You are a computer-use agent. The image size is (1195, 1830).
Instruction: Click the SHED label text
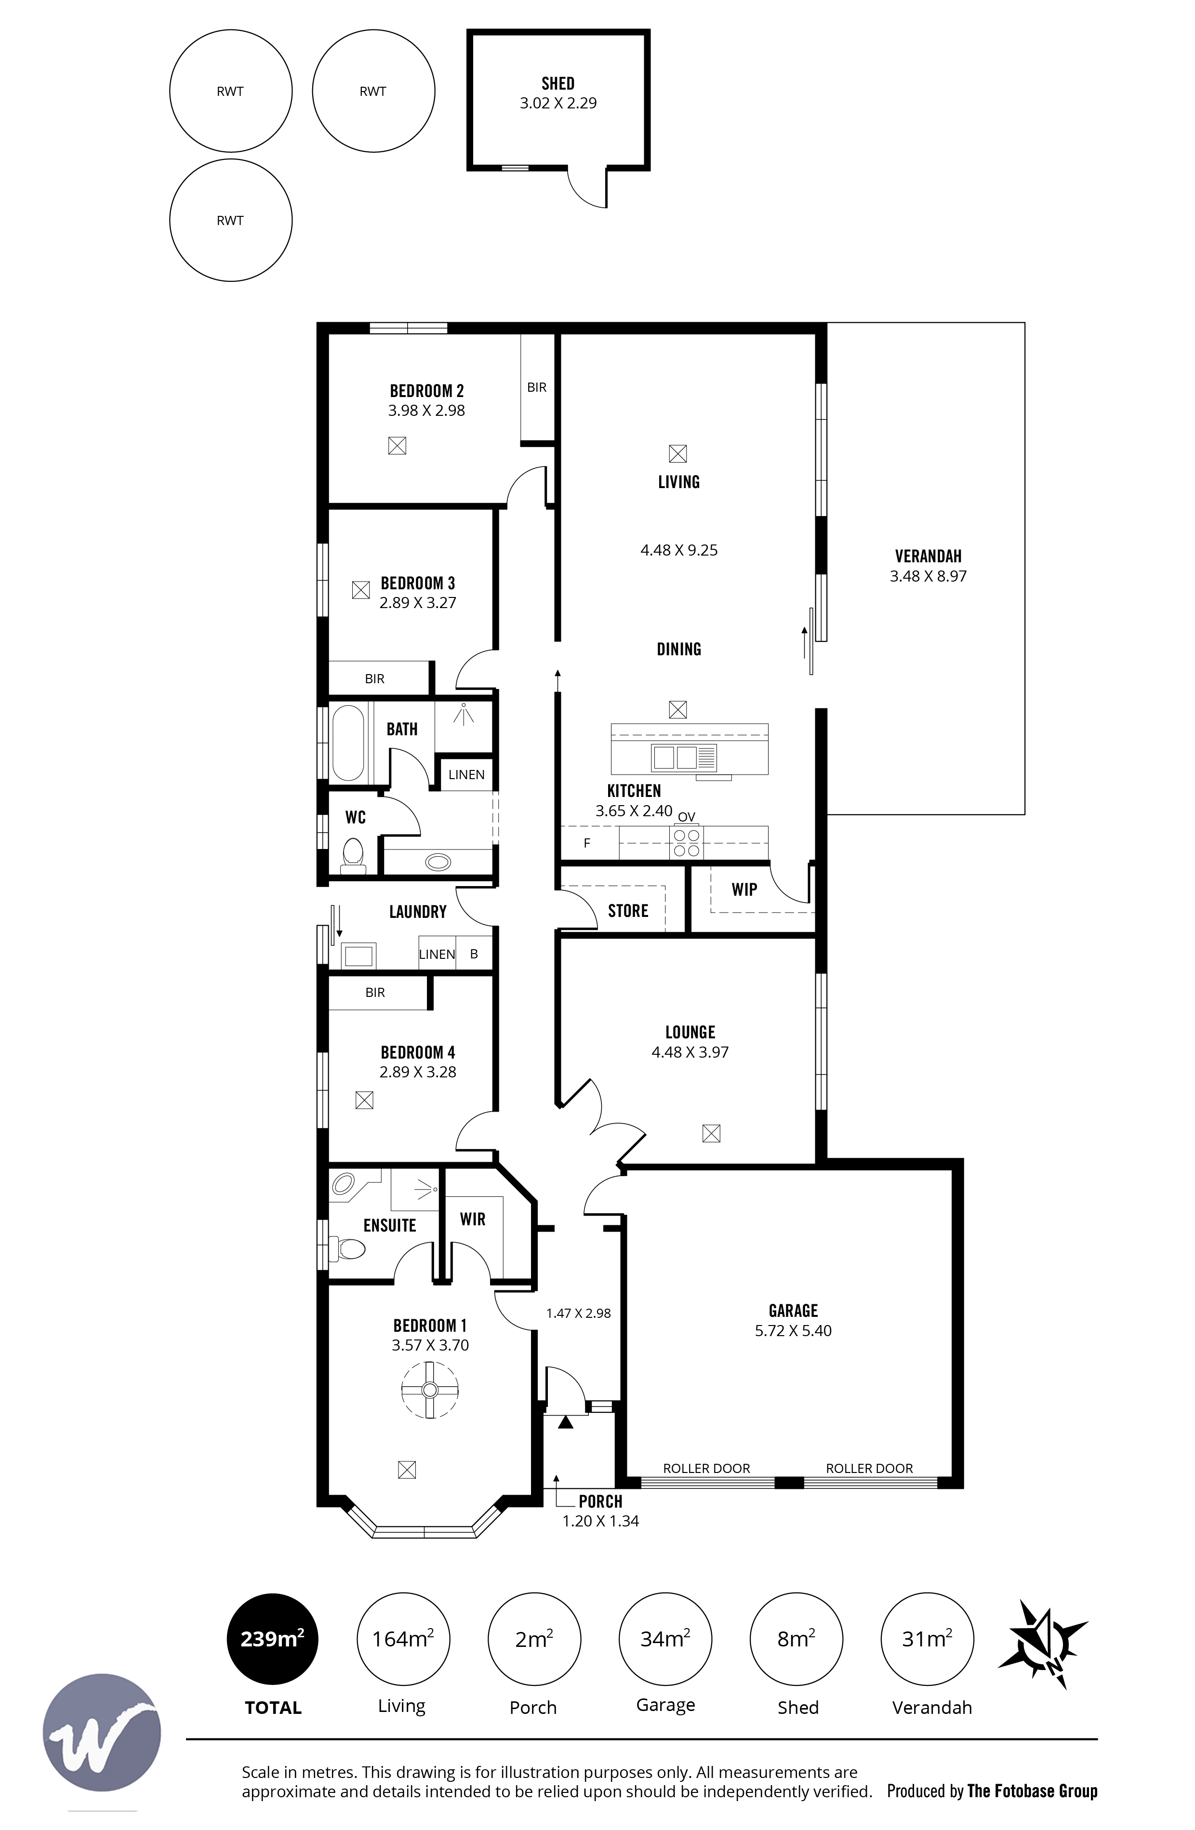click(558, 83)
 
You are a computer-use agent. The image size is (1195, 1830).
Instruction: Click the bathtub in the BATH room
click(348, 743)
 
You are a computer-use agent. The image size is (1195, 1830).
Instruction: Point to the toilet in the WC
click(353, 855)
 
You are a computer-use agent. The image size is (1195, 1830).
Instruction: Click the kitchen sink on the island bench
click(675, 757)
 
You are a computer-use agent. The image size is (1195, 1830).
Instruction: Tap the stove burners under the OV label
click(687, 843)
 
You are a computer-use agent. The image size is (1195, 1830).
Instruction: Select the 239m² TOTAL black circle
click(272, 1639)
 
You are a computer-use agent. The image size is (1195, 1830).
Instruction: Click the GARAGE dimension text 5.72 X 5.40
click(793, 1331)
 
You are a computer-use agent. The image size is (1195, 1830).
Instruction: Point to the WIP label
click(744, 889)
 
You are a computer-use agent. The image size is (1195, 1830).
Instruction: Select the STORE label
click(627, 911)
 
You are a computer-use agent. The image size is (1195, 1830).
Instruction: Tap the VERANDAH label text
click(928, 556)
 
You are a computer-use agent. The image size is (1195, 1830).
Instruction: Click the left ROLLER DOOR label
click(706, 1468)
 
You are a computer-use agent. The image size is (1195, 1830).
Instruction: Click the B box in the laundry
click(474, 954)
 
